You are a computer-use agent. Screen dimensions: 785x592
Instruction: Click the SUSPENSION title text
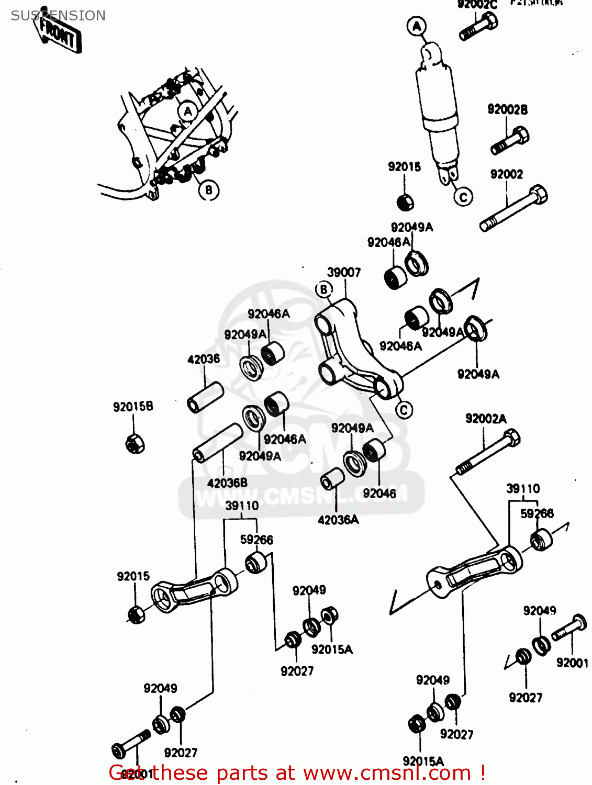58,16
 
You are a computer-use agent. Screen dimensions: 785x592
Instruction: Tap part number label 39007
344,272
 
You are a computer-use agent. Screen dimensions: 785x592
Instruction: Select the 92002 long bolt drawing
513,208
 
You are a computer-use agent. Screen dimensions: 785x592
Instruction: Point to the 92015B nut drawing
135,443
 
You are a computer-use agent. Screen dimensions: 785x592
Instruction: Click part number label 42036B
227,483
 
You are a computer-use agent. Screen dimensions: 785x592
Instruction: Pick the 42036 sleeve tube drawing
205,398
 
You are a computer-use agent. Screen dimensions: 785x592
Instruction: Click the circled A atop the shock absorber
417,26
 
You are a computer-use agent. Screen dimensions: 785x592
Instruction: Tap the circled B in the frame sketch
208,190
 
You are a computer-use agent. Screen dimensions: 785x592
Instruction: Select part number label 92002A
486,419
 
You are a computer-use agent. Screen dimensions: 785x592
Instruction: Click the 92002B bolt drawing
510,140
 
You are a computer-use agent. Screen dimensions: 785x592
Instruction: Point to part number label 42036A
338,520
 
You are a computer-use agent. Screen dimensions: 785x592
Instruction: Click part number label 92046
379,493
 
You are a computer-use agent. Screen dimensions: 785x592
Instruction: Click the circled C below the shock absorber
463,197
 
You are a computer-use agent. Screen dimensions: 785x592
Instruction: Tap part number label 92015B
133,407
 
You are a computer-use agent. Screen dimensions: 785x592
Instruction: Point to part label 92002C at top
477,5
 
